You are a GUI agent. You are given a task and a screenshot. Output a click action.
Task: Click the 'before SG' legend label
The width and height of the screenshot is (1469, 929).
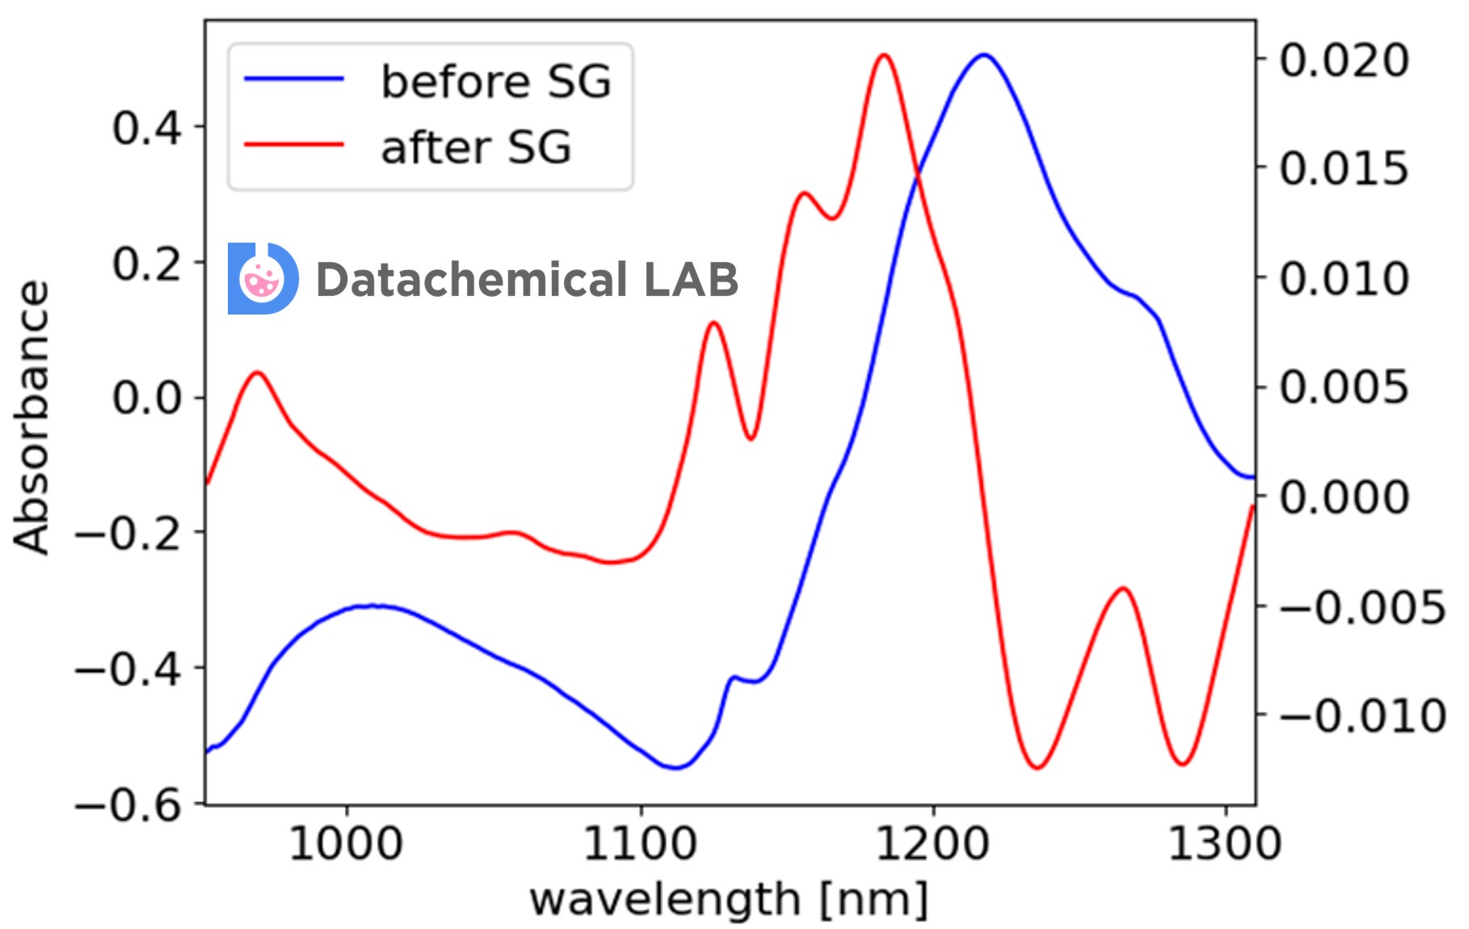[x=495, y=82]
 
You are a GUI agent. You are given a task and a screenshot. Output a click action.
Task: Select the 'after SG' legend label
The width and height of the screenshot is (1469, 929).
[x=476, y=147]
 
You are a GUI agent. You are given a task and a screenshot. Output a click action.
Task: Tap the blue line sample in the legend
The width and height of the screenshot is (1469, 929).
[x=294, y=79]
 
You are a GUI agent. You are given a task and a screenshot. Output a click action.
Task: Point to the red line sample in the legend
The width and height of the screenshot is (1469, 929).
[x=294, y=145]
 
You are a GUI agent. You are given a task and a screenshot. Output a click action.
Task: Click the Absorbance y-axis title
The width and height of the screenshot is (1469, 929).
[x=31, y=417]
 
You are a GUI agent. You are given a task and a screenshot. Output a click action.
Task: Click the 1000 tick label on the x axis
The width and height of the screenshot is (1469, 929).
[x=346, y=845]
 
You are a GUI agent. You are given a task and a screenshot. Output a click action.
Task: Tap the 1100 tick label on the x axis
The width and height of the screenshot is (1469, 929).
[x=640, y=845]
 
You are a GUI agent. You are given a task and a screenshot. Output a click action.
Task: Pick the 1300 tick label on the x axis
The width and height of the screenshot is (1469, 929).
[x=1225, y=845]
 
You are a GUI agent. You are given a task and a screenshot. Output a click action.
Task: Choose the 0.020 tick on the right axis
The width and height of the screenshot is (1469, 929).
[x=1344, y=61]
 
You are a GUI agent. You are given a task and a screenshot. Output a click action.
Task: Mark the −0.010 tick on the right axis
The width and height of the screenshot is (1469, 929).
[x=1362, y=716]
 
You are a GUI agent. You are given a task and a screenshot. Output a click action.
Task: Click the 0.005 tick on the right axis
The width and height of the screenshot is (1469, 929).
[x=1344, y=388]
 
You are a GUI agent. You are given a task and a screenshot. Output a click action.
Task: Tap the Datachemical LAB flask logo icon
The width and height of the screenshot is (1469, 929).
[x=263, y=279]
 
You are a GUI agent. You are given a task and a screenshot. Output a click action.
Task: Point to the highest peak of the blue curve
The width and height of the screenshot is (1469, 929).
[x=983, y=55]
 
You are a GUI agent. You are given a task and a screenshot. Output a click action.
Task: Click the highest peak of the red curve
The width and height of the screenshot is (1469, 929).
[x=883, y=55]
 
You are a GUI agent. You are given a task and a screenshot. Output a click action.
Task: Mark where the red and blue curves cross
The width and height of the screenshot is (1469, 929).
[x=918, y=173]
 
